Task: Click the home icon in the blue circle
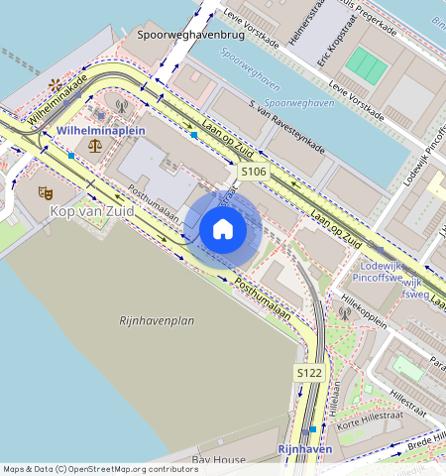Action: [x=223, y=230]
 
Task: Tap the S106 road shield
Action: [x=254, y=172]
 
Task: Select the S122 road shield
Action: [x=309, y=372]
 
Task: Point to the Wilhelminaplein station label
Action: [x=101, y=130]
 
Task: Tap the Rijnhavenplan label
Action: [x=156, y=320]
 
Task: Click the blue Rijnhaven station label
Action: [x=304, y=449]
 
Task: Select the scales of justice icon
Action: [x=94, y=145]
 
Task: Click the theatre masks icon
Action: [x=44, y=192]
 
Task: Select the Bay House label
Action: [x=219, y=461]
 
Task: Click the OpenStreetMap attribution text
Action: [x=99, y=469]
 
